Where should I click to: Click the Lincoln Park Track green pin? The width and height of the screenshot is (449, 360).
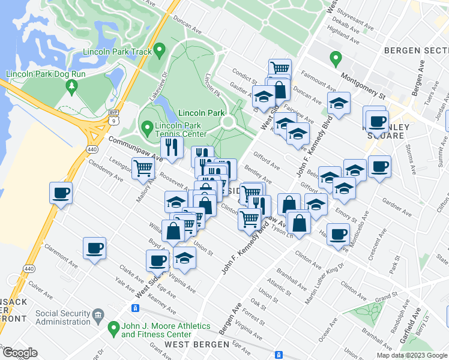(159, 50)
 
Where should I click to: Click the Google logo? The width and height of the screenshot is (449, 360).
(19, 353)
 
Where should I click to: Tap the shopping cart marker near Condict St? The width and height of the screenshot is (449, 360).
(280, 68)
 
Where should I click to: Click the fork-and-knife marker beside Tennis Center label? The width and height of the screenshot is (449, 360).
(172, 146)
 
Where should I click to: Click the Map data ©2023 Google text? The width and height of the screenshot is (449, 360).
(412, 355)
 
